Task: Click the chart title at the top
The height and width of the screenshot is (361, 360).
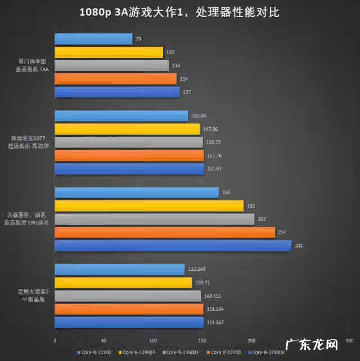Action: coord(179,12)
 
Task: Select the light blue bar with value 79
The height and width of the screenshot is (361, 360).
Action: coord(93,39)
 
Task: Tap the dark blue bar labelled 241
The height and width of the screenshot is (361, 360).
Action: coord(173,246)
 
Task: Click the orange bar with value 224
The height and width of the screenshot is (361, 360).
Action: coord(165,233)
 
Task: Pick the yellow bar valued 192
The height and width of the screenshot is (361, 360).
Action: coord(149,206)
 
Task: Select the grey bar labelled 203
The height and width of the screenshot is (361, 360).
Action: coord(154,219)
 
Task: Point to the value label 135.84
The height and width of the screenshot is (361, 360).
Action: coord(199,116)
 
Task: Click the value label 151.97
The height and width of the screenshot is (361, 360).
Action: coord(214,169)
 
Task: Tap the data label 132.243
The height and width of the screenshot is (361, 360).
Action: coord(197,270)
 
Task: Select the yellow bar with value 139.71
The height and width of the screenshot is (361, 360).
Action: coord(123,283)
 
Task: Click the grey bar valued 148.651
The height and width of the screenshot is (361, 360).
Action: coord(128,296)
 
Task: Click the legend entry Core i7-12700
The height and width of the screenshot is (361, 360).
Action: coord(226,353)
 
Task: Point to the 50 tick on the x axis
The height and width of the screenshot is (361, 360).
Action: coord(103,341)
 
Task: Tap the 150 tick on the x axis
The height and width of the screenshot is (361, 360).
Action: coord(202,341)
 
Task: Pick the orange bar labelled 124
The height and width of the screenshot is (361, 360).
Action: coord(115,79)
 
